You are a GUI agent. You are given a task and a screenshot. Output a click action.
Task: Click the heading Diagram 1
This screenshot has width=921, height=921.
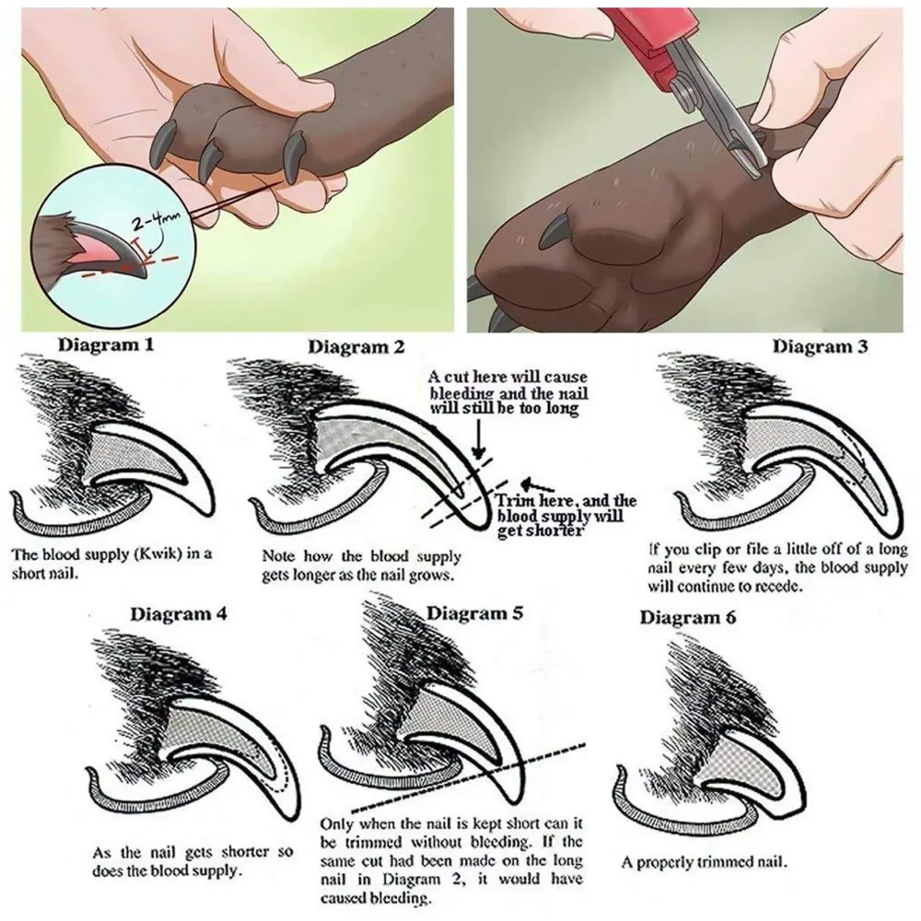(106, 344)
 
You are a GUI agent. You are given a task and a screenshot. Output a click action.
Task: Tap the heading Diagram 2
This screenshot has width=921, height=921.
(356, 347)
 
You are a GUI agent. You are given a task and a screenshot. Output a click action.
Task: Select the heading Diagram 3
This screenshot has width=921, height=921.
(820, 346)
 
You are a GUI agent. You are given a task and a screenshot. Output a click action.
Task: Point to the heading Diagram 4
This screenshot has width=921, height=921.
(178, 614)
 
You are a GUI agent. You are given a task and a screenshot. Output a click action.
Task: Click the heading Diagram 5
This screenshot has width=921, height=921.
(474, 613)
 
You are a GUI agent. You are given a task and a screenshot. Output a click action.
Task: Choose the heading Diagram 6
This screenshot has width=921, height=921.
(687, 617)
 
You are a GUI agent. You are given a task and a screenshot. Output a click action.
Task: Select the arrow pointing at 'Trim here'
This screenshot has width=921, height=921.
(539, 485)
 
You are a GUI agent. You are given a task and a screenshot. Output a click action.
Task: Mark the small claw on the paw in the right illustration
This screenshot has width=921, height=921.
(555, 230)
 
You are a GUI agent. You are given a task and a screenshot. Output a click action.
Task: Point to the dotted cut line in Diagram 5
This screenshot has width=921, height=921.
(470, 777)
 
